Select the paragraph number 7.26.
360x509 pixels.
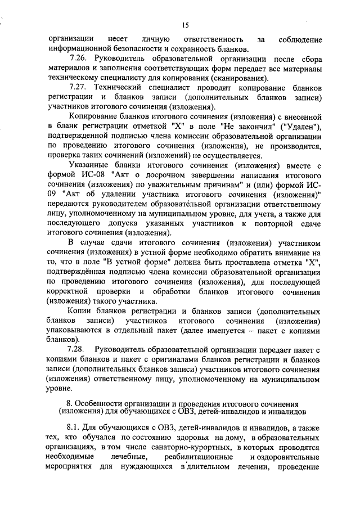click(x=78, y=58)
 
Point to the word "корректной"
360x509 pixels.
click(x=68, y=291)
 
